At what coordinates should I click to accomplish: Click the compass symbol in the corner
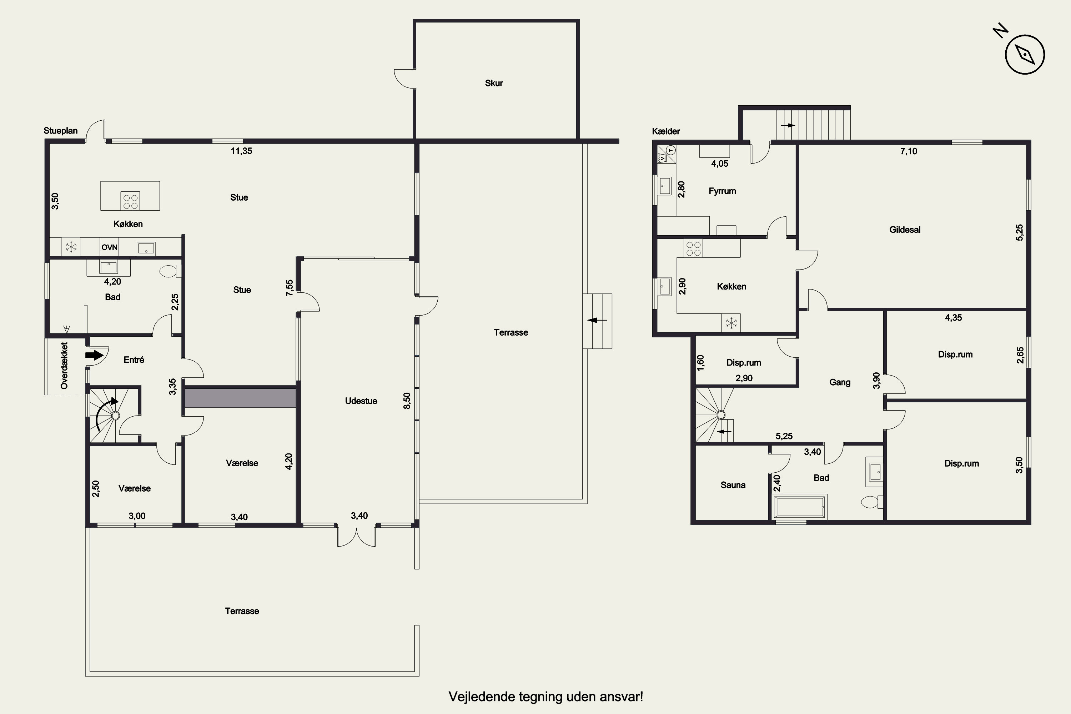tap(1025, 54)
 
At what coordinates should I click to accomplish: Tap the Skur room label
tap(494, 83)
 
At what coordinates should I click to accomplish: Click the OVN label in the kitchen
tap(109, 247)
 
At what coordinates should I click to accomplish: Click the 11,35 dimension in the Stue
tap(241, 151)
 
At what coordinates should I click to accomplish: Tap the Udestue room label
tap(361, 401)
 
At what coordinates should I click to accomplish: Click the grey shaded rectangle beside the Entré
tap(240, 397)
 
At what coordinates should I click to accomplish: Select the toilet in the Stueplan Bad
tap(171, 271)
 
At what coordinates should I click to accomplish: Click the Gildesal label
tap(905, 230)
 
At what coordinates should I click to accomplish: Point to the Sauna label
tap(733, 485)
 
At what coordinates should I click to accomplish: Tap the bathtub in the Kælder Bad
tap(800, 508)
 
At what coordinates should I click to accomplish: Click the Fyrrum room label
tap(722, 191)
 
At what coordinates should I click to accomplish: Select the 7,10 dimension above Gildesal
tap(909, 151)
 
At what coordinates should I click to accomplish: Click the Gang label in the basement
tap(840, 382)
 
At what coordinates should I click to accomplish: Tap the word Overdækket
tap(64, 366)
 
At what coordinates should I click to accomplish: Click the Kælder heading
tap(666, 131)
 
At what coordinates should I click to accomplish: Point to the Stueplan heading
tap(61, 131)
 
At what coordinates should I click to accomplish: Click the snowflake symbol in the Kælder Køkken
tap(731, 323)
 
